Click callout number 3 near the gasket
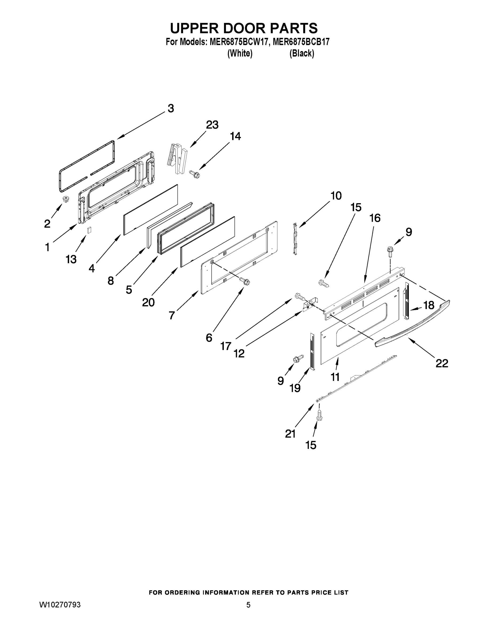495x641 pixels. point(171,108)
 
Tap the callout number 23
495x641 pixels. point(212,125)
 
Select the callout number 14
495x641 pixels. point(235,136)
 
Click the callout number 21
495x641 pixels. point(290,433)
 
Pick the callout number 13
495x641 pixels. point(71,259)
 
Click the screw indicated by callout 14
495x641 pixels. point(195,174)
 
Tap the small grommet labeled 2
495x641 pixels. point(66,200)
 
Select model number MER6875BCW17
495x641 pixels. point(239,42)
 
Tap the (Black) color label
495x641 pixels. point(302,53)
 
